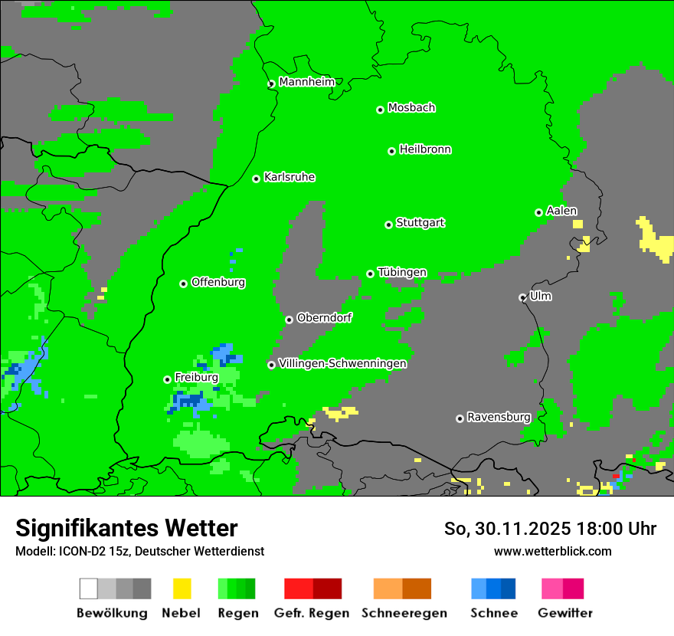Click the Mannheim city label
click(306, 82)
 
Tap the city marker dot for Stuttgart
click(388, 225)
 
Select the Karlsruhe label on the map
click(290, 177)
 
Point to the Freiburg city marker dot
click(167, 379)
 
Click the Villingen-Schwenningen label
click(342, 363)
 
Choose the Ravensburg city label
click(499, 417)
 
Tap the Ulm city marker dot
click(522, 297)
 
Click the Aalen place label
click(561, 211)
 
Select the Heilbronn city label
click(425, 149)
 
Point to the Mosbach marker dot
click(380, 110)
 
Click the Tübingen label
click(402, 272)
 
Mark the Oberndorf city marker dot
click(289, 320)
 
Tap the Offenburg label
click(218, 282)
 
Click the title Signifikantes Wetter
click(126, 528)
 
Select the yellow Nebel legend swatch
click(182, 588)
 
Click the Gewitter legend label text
click(565, 613)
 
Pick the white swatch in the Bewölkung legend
click(89, 588)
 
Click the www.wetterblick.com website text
click(552, 551)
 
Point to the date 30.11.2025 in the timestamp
click(523, 529)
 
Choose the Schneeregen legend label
click(404, 613)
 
